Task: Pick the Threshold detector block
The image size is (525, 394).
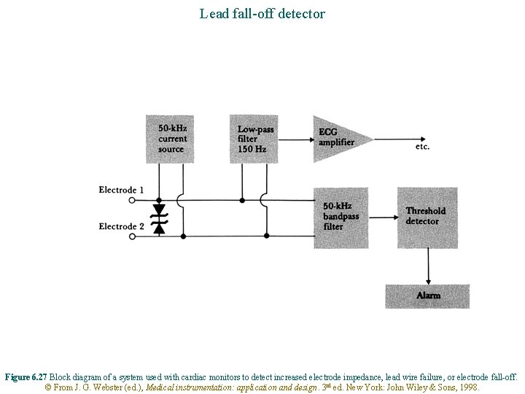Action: (427, 216)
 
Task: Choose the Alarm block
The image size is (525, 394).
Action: (427, 295)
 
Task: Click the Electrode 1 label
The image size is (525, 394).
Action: (121, 190)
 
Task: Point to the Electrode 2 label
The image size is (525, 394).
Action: (121, 227)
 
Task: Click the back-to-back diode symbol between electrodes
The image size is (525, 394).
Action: (159, 218)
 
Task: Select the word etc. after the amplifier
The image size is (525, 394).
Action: (422, 147)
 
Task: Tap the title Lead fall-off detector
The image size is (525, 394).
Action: (262, 13)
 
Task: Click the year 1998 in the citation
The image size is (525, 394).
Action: (468, 387)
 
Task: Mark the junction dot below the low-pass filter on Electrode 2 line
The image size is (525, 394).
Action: (266, 236)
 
